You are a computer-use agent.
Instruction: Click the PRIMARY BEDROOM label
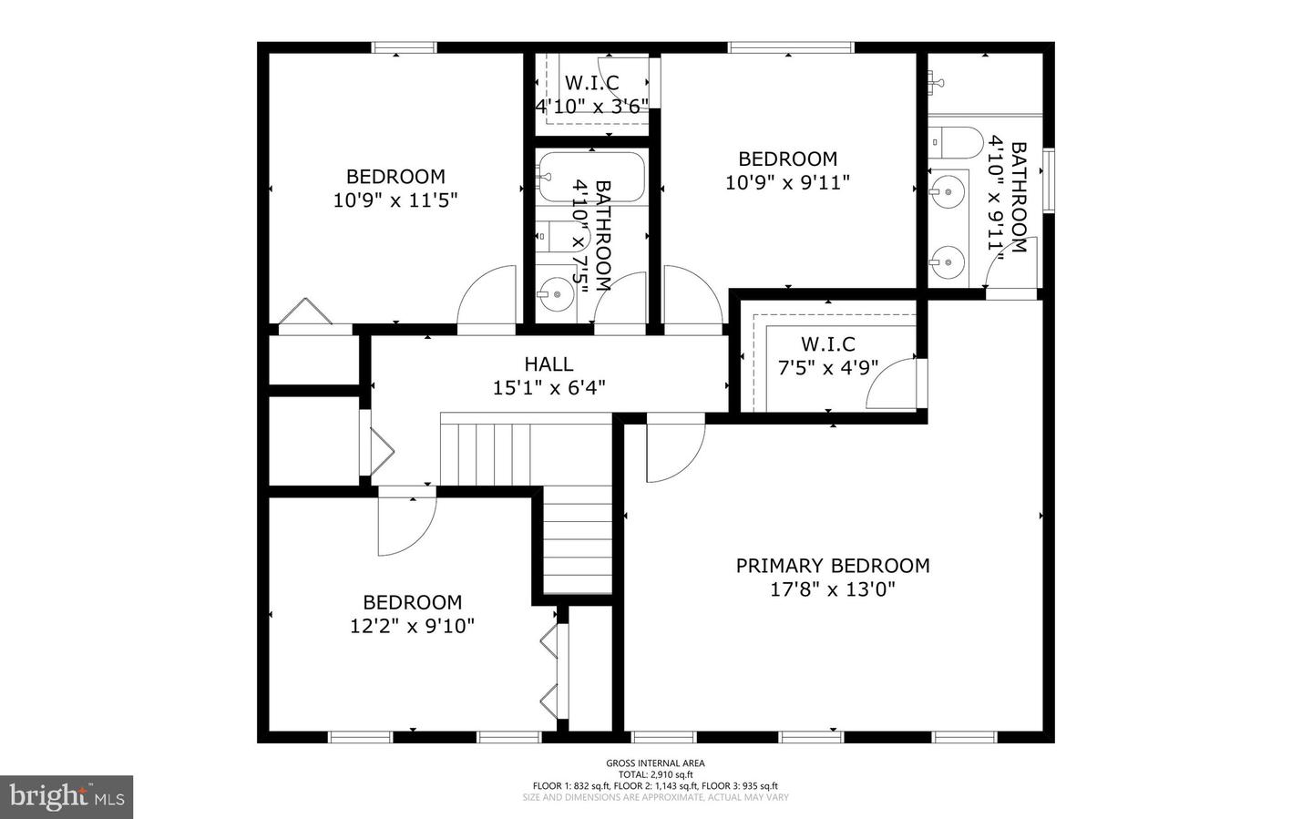pos(833,566)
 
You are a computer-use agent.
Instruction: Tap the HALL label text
pos(548,364)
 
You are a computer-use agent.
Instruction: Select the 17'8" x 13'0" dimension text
pos(833,589)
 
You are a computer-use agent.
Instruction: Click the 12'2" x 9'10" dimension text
pos(413,626)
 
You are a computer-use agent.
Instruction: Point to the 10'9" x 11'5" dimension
pos(395,200)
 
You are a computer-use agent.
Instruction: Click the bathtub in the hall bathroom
pos(591,177)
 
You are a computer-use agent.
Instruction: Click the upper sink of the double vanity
pos(948,192)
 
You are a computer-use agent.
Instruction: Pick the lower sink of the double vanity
pos(948,262)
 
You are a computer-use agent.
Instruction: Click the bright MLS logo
pos(67,797)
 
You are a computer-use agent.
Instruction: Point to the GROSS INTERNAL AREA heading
pos(655,763)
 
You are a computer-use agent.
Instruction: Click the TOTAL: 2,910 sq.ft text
pos(655,774)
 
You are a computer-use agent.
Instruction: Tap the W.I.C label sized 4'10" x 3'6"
pos(591,84)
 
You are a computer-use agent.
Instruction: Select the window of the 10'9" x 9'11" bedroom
pos(790,47)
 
